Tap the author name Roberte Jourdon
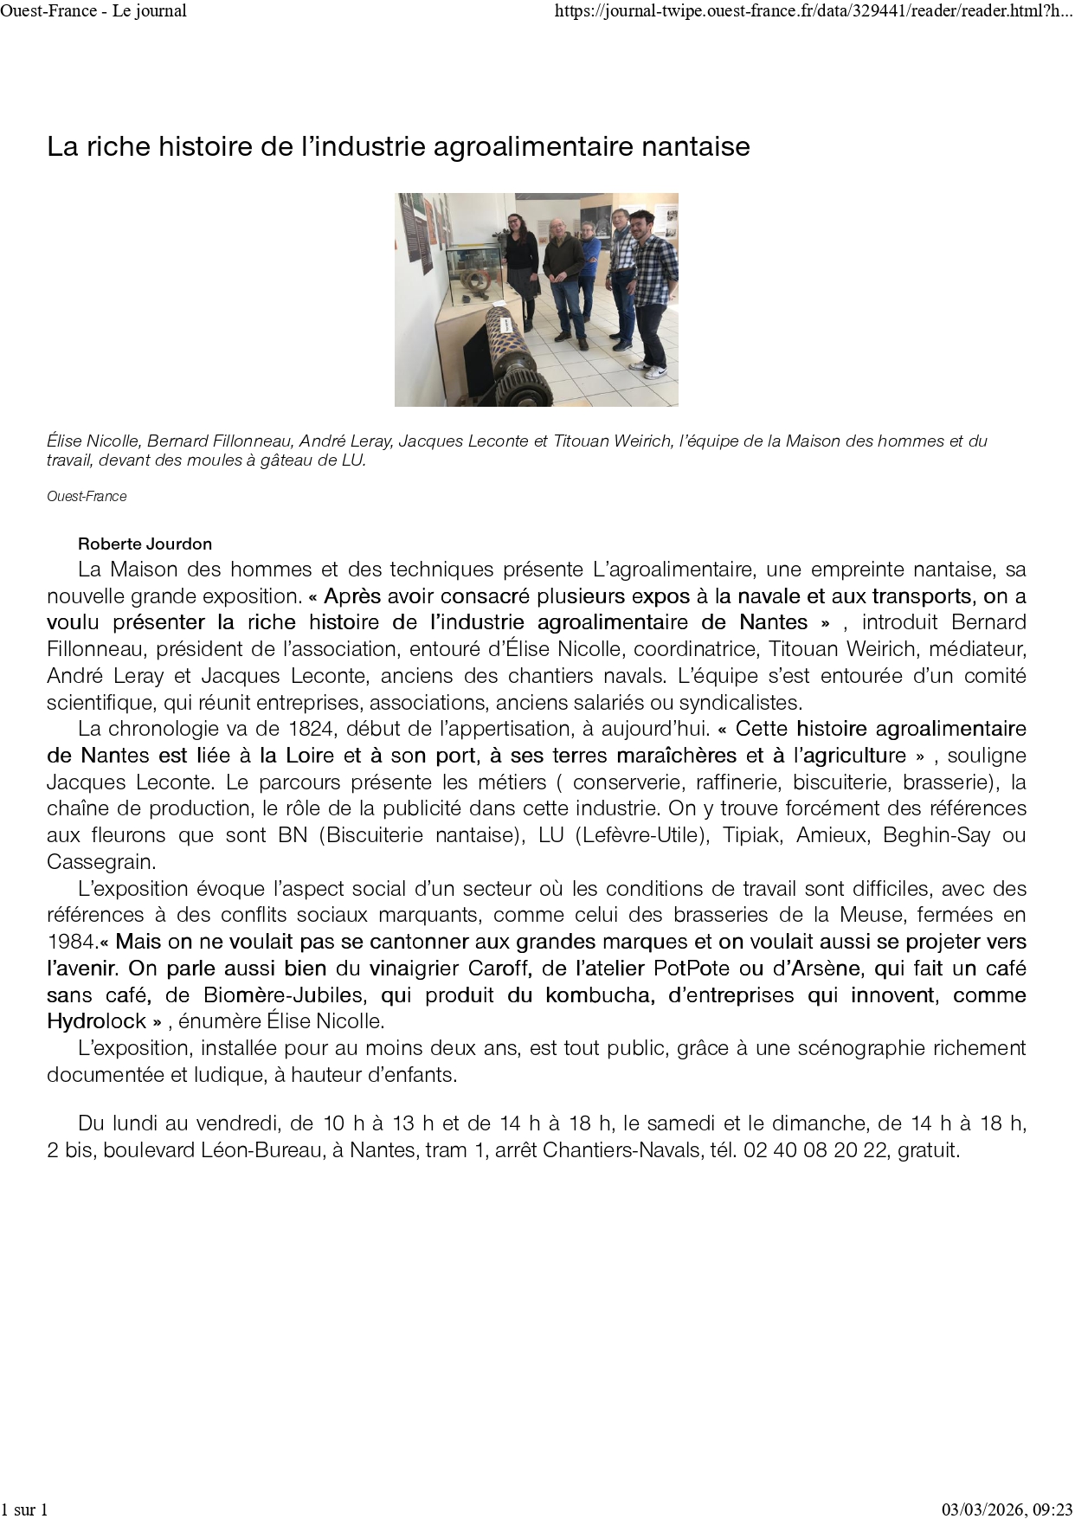[145, 544]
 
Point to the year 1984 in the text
[72, 941]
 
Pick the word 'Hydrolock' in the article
[96, 1020]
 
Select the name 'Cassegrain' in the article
[101, 862]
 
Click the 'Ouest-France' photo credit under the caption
[87, 496]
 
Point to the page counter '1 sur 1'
[24, 1509]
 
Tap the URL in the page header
[813, 10]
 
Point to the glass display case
[474, 277]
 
